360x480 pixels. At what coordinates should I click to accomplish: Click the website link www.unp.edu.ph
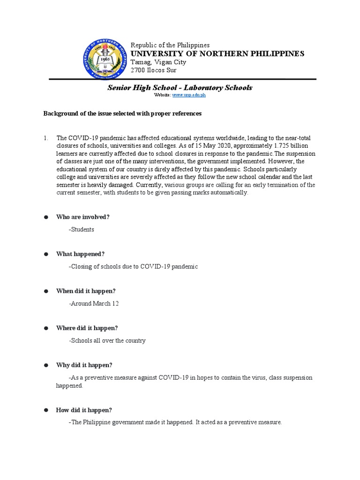point(189,95)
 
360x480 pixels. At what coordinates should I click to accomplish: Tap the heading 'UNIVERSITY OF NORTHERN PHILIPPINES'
point(217,53)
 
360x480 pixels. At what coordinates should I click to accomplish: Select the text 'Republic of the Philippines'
point(170,45)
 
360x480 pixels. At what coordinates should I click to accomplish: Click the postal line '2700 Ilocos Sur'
point(153,70)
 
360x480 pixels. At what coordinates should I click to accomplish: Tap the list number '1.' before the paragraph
point(46,138)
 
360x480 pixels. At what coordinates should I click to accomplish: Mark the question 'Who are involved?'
point(83,217)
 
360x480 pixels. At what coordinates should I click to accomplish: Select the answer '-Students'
point(81,229)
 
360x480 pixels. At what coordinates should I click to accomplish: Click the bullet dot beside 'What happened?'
point(46,254)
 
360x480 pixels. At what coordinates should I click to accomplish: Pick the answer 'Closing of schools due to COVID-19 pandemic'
point(133,266)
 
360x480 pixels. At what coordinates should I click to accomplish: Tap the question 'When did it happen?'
point(86,291)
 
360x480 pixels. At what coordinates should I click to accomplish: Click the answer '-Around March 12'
point(94,303)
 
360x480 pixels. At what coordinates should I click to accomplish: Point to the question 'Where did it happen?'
point(87,328)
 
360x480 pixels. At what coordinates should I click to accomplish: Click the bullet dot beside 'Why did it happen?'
point(46,365)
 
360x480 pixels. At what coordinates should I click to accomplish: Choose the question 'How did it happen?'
point(84,410)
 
